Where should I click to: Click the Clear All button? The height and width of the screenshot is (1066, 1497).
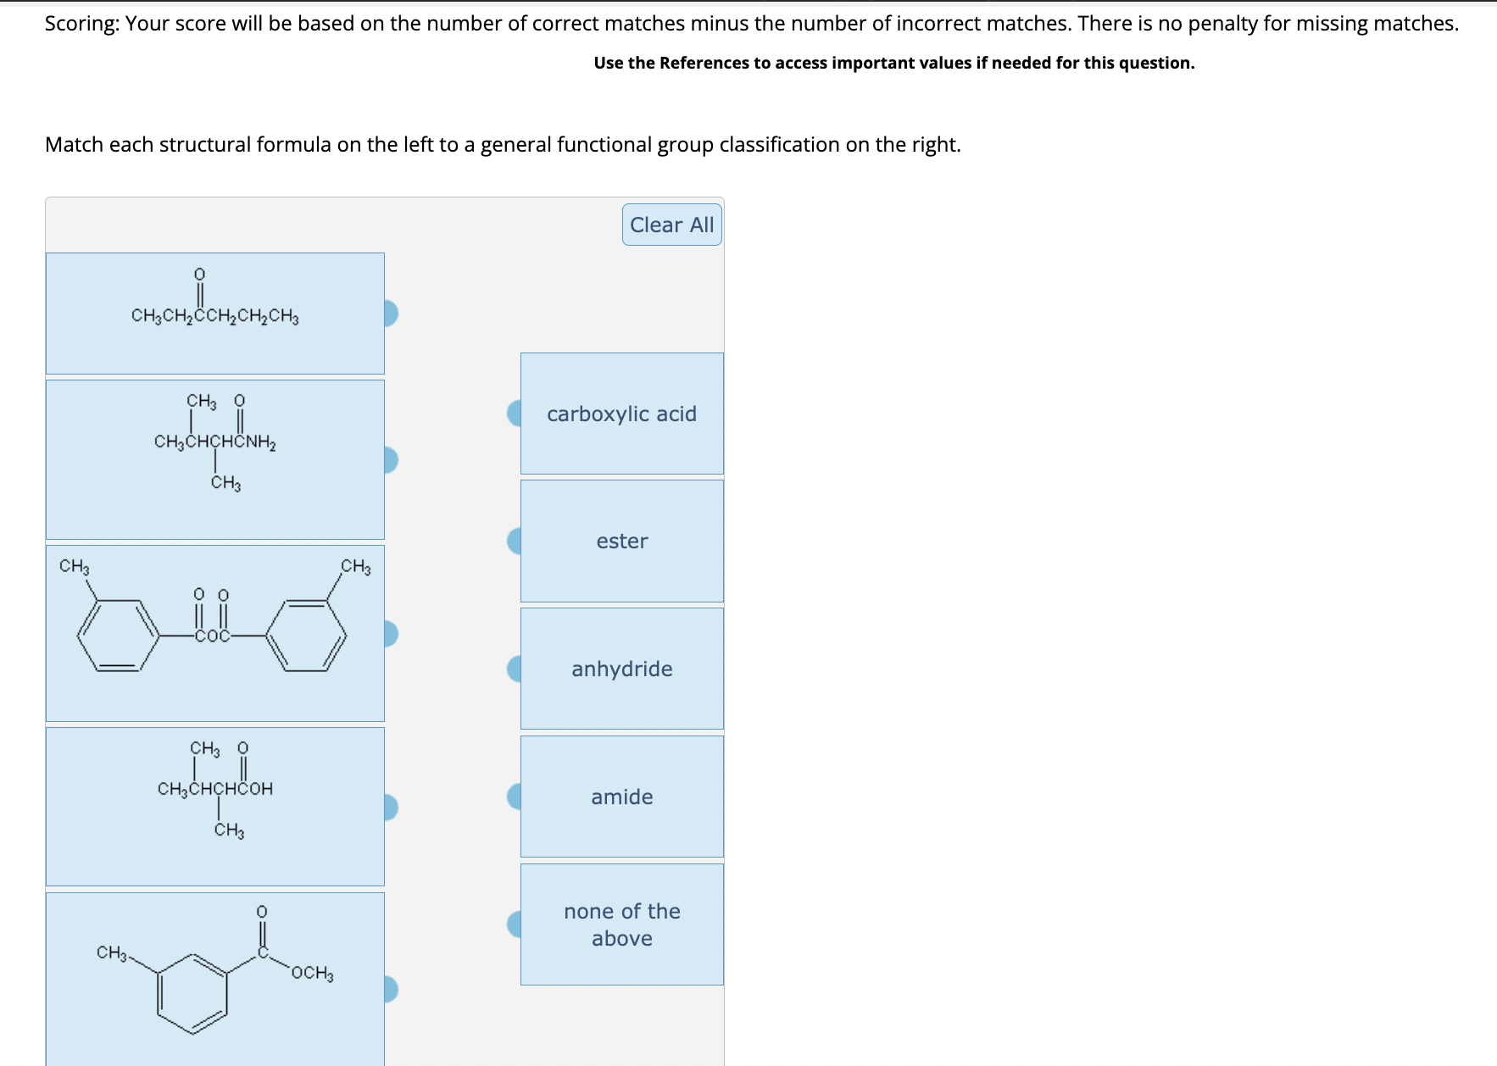671,225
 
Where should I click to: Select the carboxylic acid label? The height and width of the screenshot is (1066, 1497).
621,414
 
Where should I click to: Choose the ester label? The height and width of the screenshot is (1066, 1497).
621,541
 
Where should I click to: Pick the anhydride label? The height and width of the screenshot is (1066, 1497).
621,669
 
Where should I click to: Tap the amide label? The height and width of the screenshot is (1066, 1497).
621,797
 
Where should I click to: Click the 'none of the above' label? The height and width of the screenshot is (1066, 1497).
621,924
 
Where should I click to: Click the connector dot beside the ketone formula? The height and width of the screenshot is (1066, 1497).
390,314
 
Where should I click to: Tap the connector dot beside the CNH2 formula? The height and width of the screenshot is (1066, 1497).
390,460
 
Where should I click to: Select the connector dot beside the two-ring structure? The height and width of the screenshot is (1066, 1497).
390,634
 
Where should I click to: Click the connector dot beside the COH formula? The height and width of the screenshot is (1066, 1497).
390,808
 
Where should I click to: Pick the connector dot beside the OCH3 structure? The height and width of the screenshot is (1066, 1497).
390,989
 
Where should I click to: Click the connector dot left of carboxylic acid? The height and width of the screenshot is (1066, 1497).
515,414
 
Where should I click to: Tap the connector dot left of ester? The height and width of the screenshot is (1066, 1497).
515,541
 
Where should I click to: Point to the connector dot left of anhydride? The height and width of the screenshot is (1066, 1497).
515,669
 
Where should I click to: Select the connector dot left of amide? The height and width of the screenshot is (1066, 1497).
515,797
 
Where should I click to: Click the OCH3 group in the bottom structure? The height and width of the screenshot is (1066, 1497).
312,973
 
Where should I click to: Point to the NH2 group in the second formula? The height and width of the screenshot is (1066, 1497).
262,442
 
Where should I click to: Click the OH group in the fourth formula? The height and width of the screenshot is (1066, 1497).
261,789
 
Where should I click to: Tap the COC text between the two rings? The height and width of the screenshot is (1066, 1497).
212,636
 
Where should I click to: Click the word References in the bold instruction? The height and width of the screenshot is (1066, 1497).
704,63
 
